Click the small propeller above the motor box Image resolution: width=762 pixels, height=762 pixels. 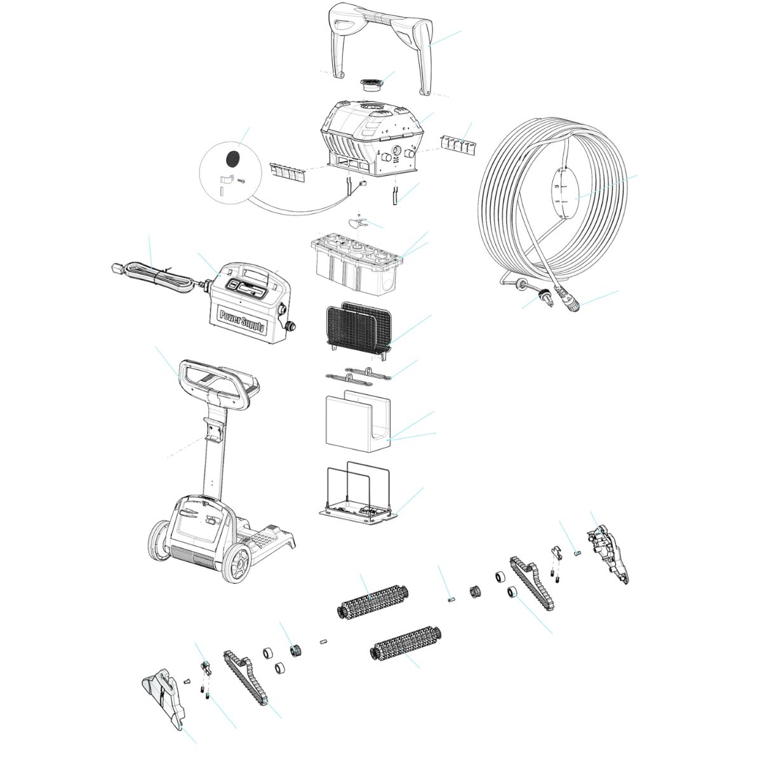(x=358, y=223)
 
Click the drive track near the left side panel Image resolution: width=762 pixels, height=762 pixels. (x=244, y=679)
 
